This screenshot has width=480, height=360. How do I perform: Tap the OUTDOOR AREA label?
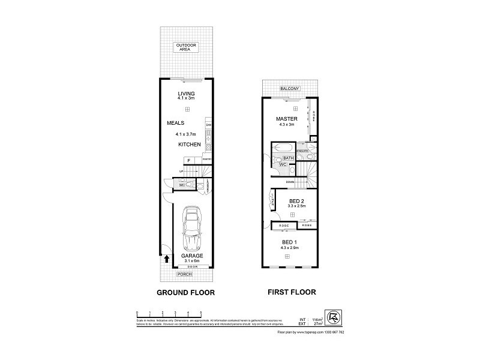tap(187, 48)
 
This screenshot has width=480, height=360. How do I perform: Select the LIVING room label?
tap(187, 94)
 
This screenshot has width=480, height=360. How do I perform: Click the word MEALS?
tap(176, 123)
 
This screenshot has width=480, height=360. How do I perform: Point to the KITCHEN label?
tap(188, 145)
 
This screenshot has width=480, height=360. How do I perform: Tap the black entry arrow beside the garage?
tap(166, 259)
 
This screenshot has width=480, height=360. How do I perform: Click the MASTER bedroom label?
tap(287, 118)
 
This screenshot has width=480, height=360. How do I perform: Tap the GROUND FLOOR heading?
tap(185, 293)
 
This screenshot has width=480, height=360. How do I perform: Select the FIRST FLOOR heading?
tap(291, 293)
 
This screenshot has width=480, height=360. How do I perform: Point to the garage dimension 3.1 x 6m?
tap(192, 260)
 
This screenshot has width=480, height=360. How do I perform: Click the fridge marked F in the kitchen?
tap(190, 160)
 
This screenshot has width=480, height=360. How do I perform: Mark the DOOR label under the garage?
tap(192, 266)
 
